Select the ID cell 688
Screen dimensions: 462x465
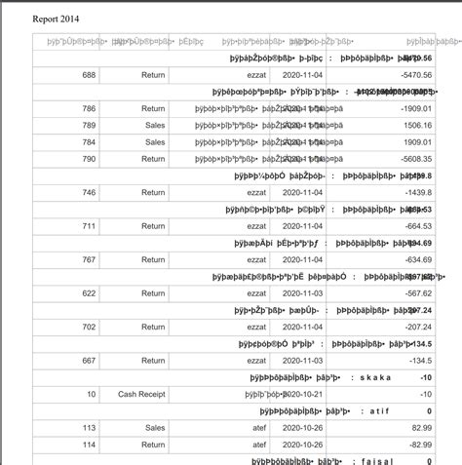tap(89, 75)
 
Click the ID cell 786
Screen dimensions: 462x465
tap(89, 108)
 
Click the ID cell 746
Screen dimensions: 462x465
tap(89, 193)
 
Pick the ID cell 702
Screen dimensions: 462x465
tap(89, 328)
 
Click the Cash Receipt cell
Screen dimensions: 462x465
tap(141, 395)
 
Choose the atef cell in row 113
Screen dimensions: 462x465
tap(256, 428)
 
